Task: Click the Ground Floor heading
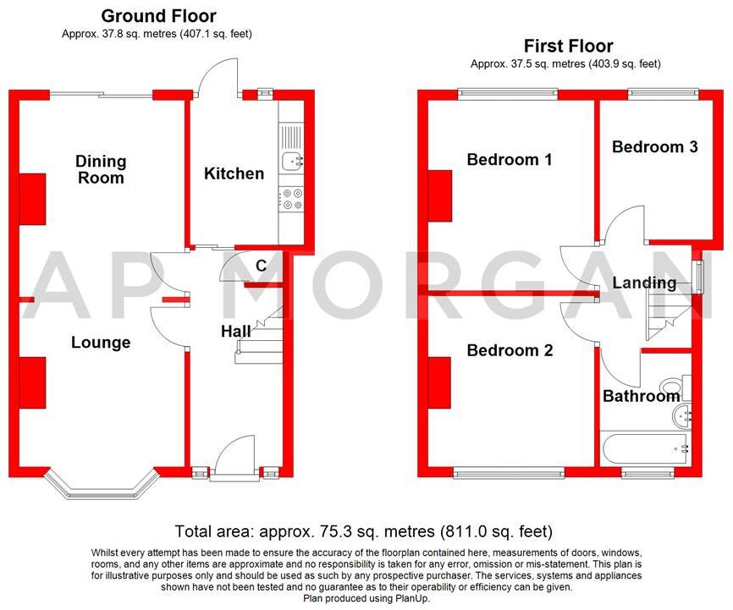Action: [158, 16]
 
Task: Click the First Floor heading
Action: [568, 46]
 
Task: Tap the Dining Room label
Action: [100, 169]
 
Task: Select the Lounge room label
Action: [101, 343]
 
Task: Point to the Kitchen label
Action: [234, 174]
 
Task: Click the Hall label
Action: [236, 332]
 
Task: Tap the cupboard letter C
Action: [262, 266]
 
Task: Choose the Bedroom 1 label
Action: [510, 159]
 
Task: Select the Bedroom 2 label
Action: [510, 350]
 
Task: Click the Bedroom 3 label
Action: [655, 147]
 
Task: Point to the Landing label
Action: [645, 283]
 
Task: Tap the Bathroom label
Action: [641, 396]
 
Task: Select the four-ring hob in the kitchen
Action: [292, 198]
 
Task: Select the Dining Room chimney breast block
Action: [32, 199]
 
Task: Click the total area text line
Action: [364, 532]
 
